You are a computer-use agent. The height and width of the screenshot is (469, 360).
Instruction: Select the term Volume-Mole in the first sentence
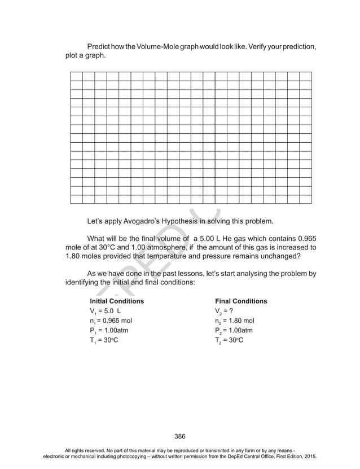coord(156,46)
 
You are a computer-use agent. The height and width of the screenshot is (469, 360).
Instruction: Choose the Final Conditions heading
coord(241,301)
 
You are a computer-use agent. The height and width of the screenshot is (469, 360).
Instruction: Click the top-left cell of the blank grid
coord(76,77)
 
